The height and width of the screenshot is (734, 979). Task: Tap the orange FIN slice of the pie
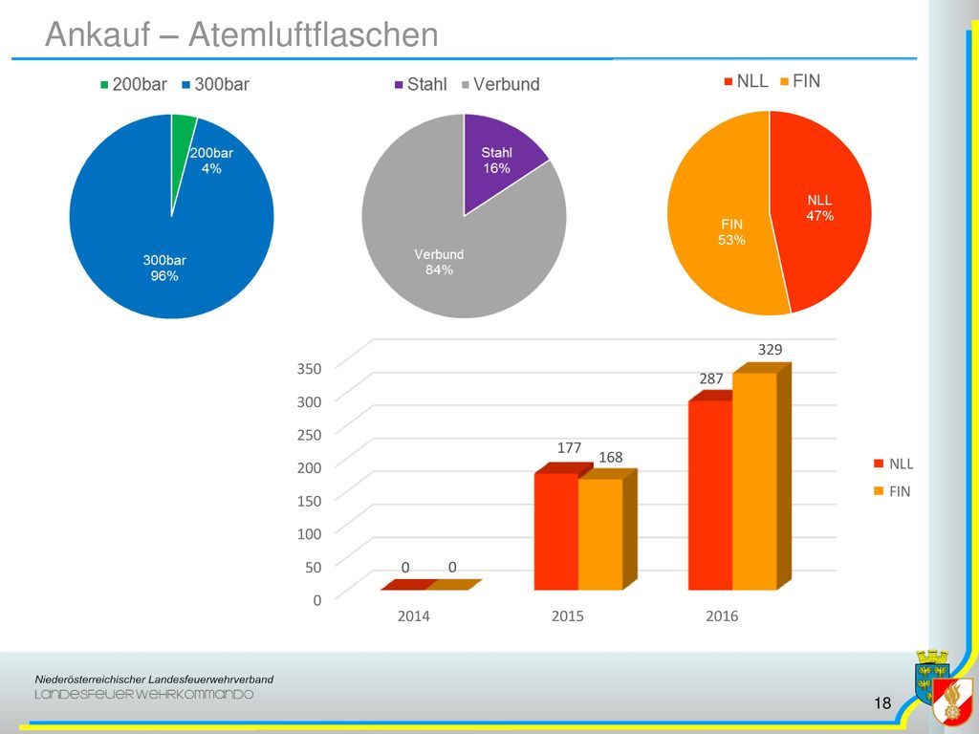[718, 212]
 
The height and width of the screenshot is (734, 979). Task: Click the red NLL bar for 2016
[710, 495]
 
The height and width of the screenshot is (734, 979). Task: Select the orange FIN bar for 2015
[600, 534]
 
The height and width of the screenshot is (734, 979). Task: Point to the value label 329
[770, 350]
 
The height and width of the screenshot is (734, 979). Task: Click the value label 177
[570, 447]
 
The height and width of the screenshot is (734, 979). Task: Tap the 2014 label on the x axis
[413, 616]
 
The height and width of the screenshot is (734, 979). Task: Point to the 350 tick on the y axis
[309, 368]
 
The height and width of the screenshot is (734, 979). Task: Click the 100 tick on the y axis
[309, 533]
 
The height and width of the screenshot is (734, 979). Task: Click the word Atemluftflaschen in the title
[314, 34]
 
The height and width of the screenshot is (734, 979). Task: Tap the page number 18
[882, 703]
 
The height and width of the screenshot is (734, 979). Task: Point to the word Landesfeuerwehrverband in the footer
[210, 680]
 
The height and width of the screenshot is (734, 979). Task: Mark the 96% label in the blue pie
[164, 276]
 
